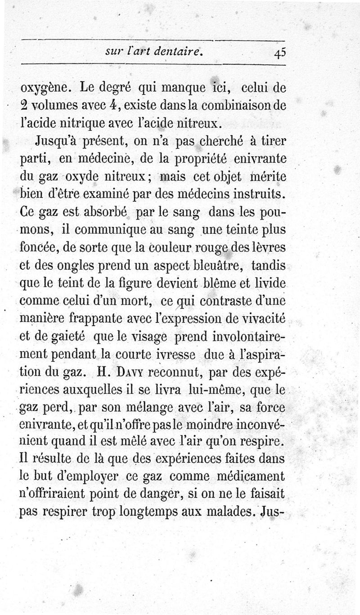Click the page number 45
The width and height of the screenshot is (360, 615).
coord(279,53)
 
